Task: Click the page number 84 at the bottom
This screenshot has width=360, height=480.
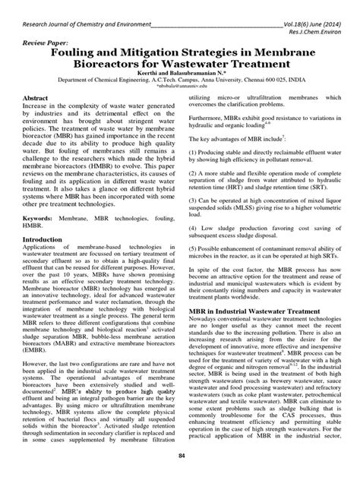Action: (181, 456)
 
